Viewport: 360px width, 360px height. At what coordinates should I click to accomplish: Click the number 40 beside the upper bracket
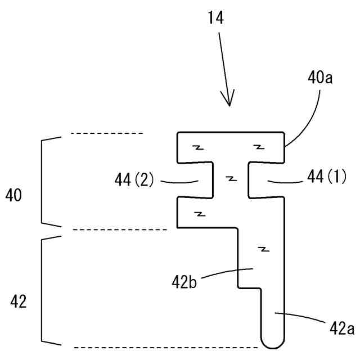pyautogui.click(x=15, y=196)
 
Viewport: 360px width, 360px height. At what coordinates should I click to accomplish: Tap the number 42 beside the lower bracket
pyautogui.click(x=19, y=302)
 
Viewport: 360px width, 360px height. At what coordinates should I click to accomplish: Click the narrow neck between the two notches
pyautogui.click(x=230, y=179)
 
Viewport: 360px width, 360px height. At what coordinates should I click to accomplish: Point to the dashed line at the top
pyautogui.click(x=107, y=133)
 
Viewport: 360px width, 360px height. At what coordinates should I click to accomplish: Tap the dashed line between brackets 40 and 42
pyautogui.click(x=120, y=229)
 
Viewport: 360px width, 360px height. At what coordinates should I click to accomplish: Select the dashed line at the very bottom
pyautogui.click(x=166, y=347)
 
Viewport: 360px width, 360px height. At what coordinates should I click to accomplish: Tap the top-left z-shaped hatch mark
pyautogui.click(x=197, y=147)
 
